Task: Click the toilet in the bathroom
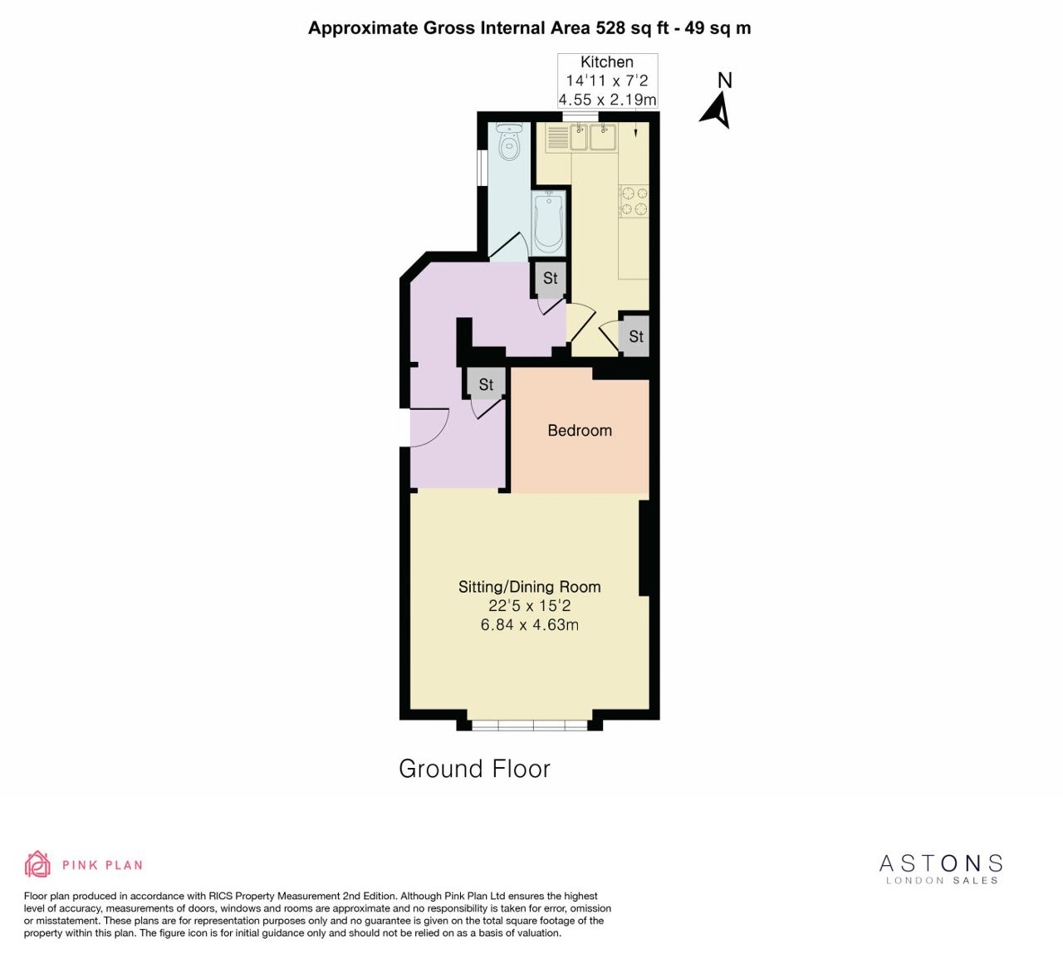click(510, 141)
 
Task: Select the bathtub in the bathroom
click(549, 223)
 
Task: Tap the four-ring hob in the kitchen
click(634, 201)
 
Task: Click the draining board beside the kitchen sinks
click(558, 138)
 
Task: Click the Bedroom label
click(580, 430)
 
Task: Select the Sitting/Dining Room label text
click(529, 586)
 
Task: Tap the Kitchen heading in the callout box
click(607, 62)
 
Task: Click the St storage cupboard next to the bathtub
click(550, 277)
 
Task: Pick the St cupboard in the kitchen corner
click(635, 336)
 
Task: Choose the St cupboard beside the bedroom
click(486, 384)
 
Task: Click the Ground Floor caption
click(474, 769)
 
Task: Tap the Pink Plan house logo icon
click(37, 865)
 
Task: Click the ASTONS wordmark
click(941, 863)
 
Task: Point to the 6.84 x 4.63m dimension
click(529, 624)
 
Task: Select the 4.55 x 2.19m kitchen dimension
click(607, 99)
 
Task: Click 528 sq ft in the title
click(632, 27)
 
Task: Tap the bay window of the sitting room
click(529, 725)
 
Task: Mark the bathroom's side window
click(482, 168)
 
